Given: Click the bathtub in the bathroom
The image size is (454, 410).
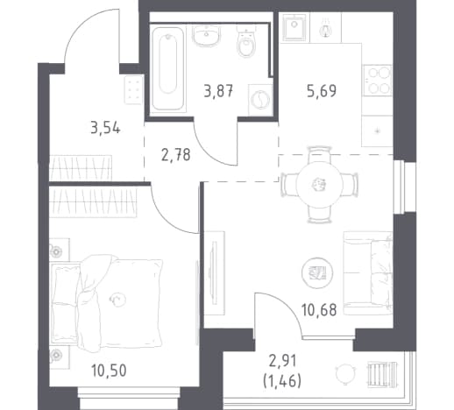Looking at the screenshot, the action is (x=168, y=68).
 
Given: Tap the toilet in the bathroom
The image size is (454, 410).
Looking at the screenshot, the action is (x=246, y=42).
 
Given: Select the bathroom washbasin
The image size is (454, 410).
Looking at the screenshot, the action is (x=206, y=36).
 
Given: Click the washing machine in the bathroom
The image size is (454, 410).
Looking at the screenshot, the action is (x=259, y=99).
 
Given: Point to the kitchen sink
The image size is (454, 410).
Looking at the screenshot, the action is (x=294, y=27).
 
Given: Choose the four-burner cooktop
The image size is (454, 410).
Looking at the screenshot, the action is (x=377, y=80).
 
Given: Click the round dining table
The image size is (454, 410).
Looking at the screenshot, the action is (x=319, y=184).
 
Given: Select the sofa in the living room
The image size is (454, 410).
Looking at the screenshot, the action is (x=368, y=273).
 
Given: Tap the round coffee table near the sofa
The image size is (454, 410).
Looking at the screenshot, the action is (x=317, y=272).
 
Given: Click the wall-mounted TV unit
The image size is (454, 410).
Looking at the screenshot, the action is (x=214, y=273).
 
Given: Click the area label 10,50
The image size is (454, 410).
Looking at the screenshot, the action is (x=109, y=371).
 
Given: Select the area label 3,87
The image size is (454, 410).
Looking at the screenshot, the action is (x=218, y=90).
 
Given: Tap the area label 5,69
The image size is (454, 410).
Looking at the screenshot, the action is (x=322, y=90).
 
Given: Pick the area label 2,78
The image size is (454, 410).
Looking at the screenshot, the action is (x=176, y=155).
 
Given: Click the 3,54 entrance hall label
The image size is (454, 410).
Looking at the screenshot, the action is (x=105, y=128).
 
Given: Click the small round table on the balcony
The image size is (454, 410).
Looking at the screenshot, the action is (x=345, y=373).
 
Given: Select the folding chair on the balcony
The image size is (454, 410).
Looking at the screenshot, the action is (x=382, y=373).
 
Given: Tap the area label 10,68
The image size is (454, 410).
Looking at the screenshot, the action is (x=319, y=310).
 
